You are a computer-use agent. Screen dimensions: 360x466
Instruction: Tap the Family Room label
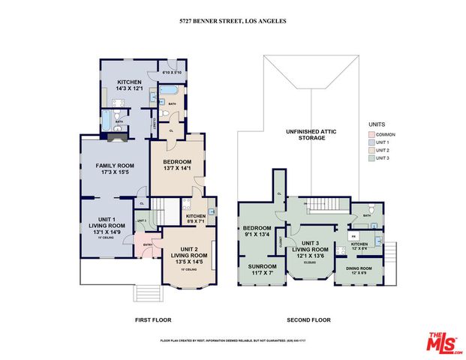click(114, 169)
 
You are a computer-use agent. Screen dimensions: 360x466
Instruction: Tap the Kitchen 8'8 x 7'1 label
click(196, 220)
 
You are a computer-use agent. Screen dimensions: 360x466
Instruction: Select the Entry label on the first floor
click(148, 244)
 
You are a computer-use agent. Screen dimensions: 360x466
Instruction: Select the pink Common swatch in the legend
click(371, 134)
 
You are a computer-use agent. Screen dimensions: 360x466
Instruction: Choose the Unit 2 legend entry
click(381, 150)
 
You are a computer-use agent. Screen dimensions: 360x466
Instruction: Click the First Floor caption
click(152, 320)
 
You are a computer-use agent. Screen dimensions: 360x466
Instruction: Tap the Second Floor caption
click(311, 320)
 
